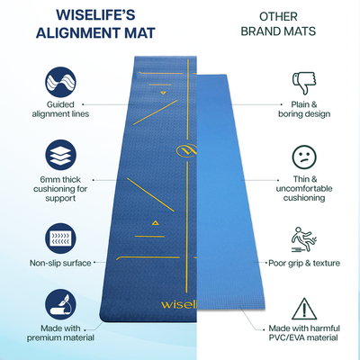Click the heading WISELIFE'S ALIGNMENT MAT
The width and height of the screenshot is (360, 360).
tap(94, 24)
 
